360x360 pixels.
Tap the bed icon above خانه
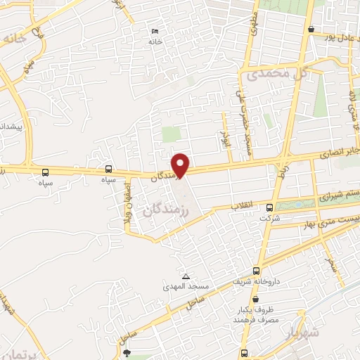(155, 31)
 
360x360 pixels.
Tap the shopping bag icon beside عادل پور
(311, 29)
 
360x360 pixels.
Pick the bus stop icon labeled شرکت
(270, 207)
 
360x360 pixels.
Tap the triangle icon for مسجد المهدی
(186, 276)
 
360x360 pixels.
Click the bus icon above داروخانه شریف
(256, 270)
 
